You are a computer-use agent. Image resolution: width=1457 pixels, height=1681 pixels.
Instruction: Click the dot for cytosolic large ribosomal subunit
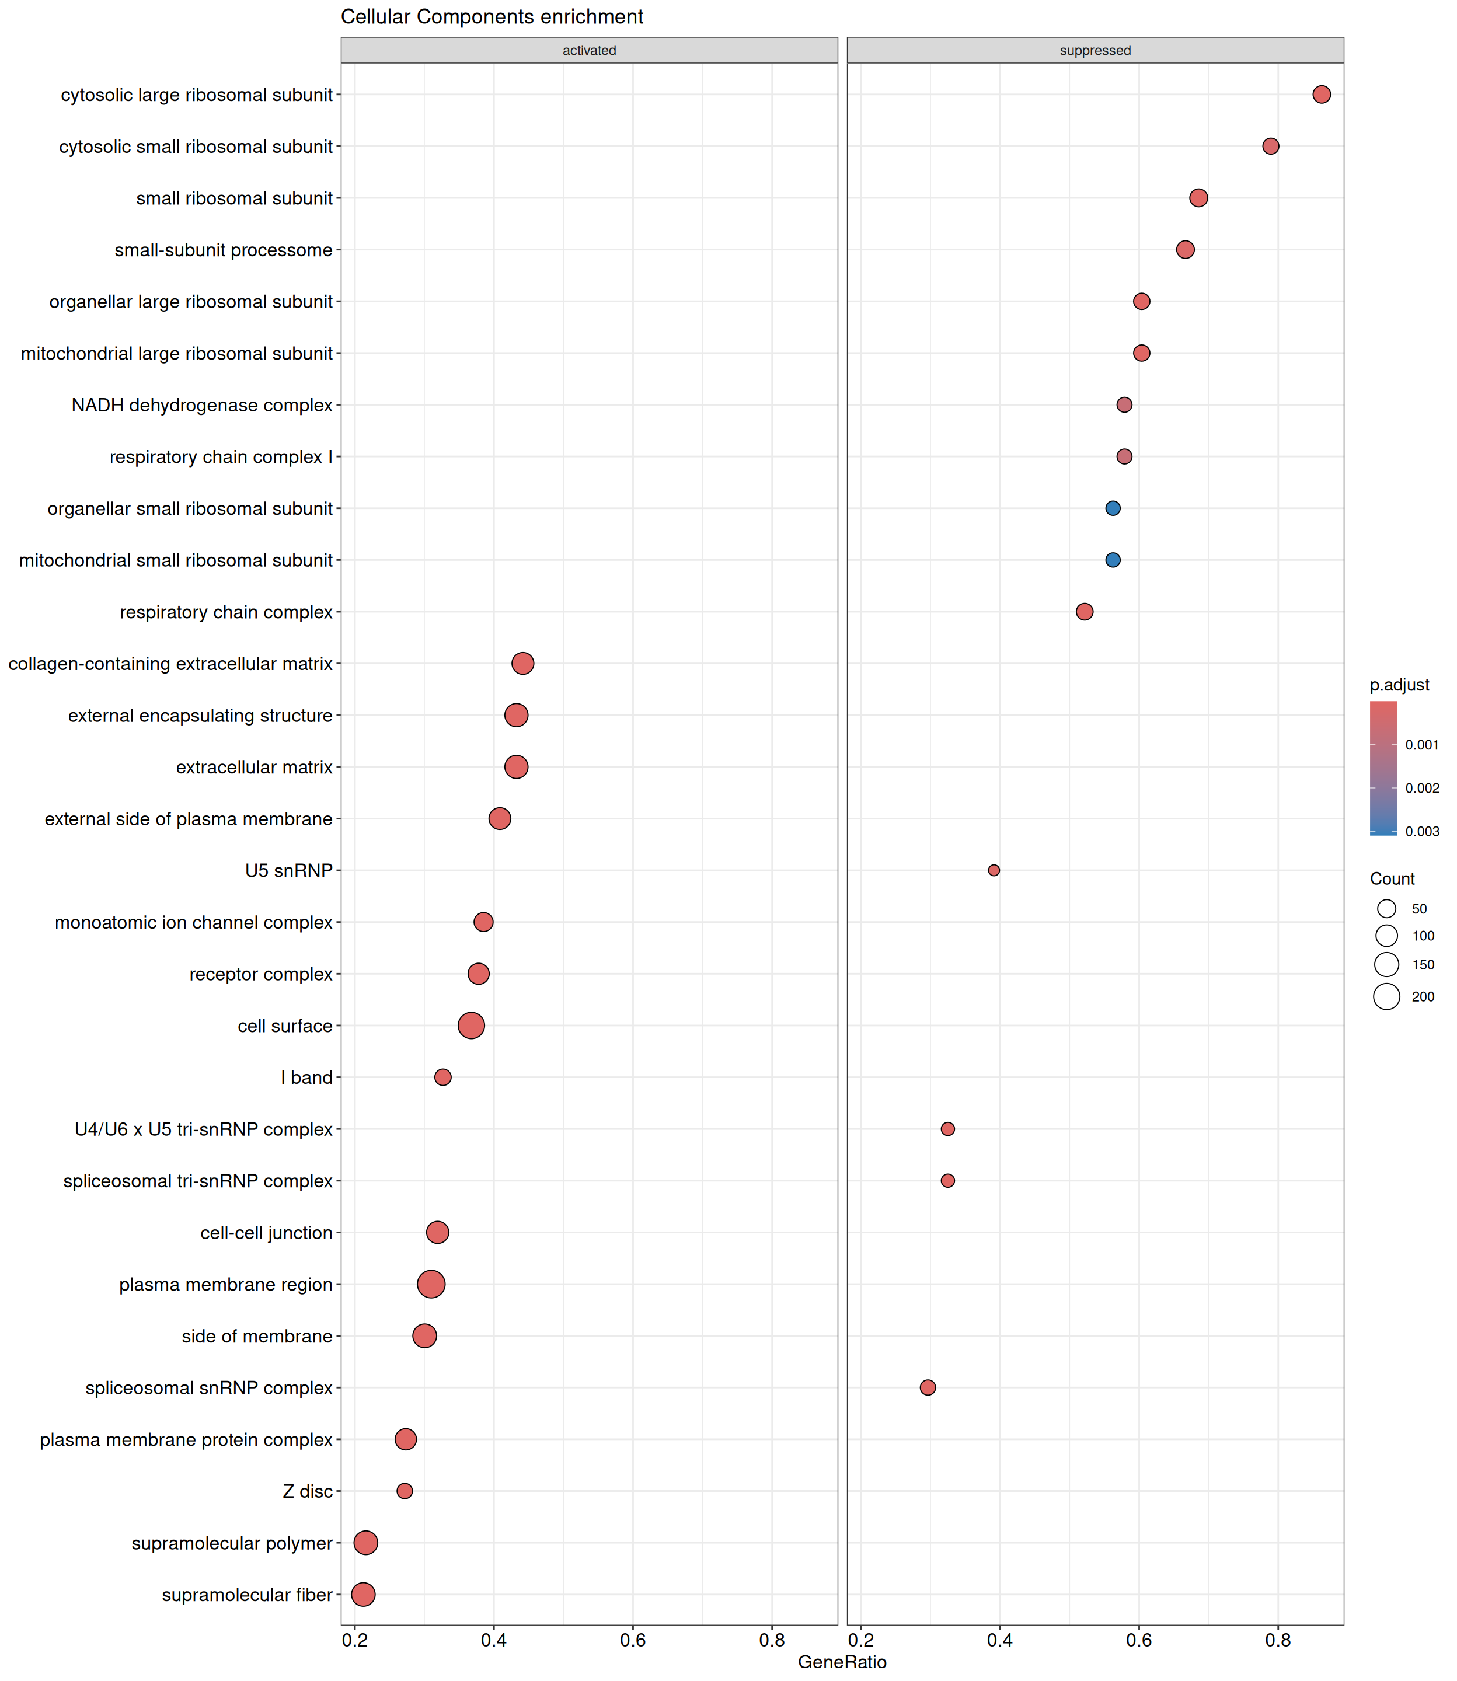pyautogui.click(x=1321, y=95)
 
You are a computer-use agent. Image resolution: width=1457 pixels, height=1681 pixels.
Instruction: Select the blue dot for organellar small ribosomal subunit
pyautogui.click(x=1112, y=508)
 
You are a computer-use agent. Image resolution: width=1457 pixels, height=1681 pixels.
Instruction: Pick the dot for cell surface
pyautogui.click(x=470, y=1025)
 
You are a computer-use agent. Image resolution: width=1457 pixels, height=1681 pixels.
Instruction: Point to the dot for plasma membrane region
pyautogui.click(x=431, y=1284)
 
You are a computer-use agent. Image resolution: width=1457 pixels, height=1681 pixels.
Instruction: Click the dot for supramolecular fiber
pyautogui.click(x=364, y=1594)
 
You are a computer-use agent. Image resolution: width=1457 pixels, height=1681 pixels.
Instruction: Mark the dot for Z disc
pyautogui.click(x=404, y=1491)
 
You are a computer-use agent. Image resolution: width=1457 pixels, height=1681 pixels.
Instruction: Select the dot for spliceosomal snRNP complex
pyautogui.click(x=928, y=1387)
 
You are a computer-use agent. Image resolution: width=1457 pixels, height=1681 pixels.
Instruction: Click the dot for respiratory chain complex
pyautogui.click(x=1084, y=611)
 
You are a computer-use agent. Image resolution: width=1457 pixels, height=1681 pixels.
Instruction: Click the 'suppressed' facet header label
pyautogui.click(x=1095, y=50)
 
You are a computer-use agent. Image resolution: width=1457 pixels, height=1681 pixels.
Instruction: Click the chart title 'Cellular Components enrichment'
pyautogui.click(x=492, y=17)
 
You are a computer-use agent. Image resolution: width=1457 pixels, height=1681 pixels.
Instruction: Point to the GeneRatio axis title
pyautogui.click(x=842, y=1662)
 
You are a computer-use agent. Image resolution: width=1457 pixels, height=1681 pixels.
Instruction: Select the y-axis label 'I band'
pyautogui.click(x=306, y=1078)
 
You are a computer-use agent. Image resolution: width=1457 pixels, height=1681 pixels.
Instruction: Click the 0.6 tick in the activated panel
pyautogui.click(x=633, y=1640)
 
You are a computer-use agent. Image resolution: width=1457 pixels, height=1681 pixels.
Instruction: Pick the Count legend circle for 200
pyautogui.click(x=1386, y=996)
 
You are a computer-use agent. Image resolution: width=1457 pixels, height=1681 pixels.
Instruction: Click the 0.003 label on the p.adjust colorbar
pyautogui.click(x=1422, y=832)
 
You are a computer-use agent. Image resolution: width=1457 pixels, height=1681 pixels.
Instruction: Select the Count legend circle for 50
pyautogui.click(x=1386, y=909)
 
